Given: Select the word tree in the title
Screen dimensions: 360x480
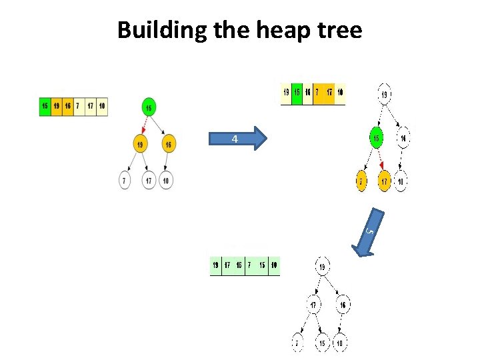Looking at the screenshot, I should (339, 30).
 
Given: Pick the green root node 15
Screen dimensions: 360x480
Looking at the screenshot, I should (149, 107).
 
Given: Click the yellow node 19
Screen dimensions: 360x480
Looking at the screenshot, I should (141, 144).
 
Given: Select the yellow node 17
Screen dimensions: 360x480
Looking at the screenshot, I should (384, 181).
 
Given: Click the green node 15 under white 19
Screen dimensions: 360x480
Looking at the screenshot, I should (377, 138).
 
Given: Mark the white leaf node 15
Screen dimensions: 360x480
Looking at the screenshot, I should (321, 343).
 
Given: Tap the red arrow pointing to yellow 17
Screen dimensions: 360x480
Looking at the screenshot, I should (381, 165).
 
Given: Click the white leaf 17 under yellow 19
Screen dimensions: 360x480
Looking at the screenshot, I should (149, 181).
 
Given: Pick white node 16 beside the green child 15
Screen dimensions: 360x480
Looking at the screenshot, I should (403, 138).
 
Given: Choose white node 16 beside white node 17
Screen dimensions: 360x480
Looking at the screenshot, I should (343, 305).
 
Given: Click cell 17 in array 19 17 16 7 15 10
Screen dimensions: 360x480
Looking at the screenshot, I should (227, 266).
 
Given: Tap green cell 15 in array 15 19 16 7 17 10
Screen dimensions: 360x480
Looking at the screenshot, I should (45, 105).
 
